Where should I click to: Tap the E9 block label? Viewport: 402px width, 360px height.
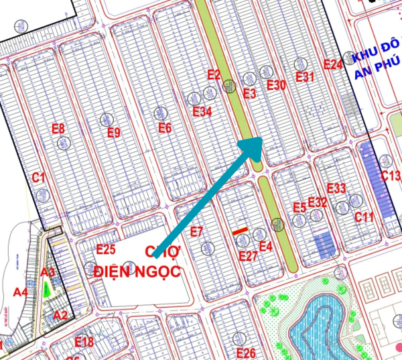click(114, 132)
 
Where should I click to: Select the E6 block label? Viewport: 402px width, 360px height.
click(165, 128)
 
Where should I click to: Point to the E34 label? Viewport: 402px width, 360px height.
click(202, 111)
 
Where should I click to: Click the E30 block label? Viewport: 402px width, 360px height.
click(276, 85)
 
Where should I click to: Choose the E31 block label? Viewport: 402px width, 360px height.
click(304, 76)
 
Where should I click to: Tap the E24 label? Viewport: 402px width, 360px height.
click(333, 64)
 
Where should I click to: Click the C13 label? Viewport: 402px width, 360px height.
click(390, 176)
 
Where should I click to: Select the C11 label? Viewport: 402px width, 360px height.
click(364, 217)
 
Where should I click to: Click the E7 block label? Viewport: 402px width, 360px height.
click(196, 232)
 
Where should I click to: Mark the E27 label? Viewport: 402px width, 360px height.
click(248, 256)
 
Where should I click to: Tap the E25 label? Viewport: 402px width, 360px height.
click(106, 249)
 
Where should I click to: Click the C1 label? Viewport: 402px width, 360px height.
click(38, 177)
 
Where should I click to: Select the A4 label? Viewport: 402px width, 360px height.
click(21, 292)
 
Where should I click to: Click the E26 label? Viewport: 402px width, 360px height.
click(246, 353)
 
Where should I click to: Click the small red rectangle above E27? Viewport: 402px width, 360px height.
click(241, 231)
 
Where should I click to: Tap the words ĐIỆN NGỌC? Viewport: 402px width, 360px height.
click(137, 271)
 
